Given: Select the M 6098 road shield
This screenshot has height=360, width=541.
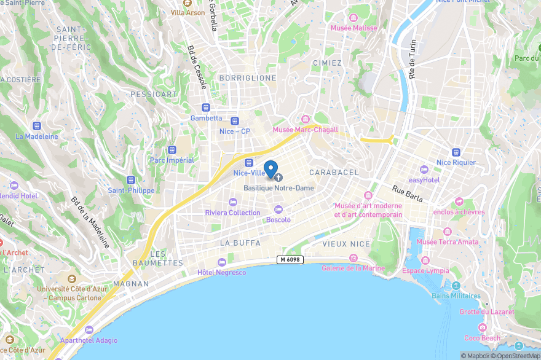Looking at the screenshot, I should pos(290,260).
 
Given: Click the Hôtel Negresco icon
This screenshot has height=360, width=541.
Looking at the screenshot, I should pos(222,262).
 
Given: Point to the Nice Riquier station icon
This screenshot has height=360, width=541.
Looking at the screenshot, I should pos(456,152).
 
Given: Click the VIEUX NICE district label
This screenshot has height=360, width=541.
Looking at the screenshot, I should pos(346,244).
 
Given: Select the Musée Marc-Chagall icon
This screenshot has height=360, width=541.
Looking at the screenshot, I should pos(306,119).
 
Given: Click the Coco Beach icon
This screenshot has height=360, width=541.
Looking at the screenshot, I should pos(483,327).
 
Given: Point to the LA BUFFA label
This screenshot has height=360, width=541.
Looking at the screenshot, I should pos(240,243).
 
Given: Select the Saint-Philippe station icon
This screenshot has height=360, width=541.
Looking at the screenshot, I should pos(130,180).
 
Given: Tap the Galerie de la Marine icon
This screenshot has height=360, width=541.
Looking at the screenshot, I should pos(353,258).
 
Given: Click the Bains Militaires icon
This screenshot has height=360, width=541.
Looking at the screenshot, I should pos(456,286).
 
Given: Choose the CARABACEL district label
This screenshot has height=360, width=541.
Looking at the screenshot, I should pos(334,173).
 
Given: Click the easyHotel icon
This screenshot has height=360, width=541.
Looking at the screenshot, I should pos(424,170).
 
